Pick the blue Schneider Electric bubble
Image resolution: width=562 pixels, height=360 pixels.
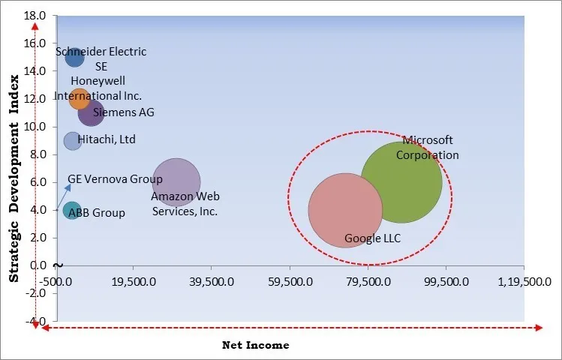pos(74,58)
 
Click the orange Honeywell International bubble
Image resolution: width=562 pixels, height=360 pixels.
pos(79,98)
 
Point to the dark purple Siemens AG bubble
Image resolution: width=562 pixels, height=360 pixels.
pos(91,113)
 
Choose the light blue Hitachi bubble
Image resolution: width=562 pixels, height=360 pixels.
pos(72,140)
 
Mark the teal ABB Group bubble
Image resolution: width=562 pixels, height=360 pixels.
pos(71,211)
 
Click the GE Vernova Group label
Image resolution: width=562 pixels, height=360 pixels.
pos(115,179)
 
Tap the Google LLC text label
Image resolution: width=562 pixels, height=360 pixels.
pos(372,238)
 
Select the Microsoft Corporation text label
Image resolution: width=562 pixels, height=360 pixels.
pos(427,148)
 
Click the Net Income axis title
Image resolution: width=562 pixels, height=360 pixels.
pos(255,345)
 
